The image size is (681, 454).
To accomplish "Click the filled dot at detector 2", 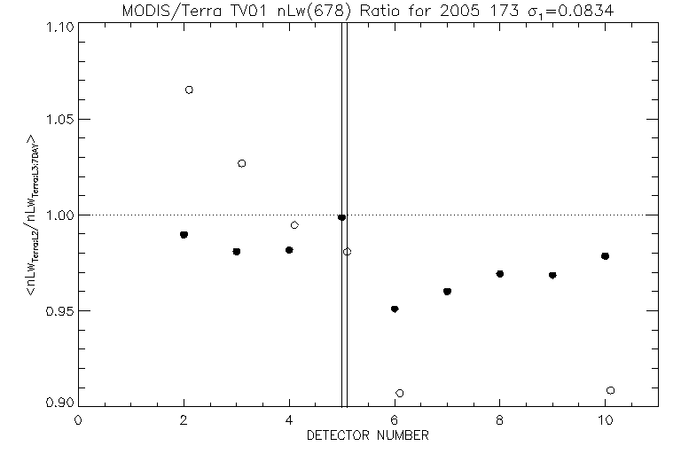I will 184,235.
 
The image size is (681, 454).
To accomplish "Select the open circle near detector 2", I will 189,90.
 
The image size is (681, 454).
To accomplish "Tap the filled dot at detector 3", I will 237,252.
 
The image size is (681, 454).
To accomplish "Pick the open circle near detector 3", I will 242,163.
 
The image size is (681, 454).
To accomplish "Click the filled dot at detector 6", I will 395,309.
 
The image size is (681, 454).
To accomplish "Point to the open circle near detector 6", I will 400,393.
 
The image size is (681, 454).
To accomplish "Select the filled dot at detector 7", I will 447,291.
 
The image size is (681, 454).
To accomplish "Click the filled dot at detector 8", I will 500,274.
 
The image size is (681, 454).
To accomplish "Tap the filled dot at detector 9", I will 552,275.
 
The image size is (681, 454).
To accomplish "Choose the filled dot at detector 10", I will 605,256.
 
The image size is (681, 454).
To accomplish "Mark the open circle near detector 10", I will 610,390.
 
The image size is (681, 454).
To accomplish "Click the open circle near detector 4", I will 294,225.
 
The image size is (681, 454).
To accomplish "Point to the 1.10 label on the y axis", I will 58,25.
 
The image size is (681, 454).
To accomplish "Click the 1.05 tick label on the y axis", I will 58,120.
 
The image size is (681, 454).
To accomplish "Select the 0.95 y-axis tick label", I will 58,311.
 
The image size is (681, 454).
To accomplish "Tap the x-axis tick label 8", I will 500,421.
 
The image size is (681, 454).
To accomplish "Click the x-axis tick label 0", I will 78,421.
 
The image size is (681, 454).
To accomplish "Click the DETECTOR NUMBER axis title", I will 368,436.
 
